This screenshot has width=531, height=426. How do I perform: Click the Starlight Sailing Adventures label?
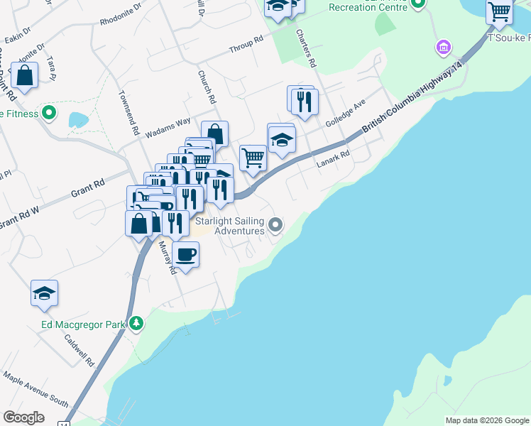pos(229,226)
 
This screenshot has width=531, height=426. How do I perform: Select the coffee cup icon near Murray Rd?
pos(185,254)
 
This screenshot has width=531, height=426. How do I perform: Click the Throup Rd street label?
pos(246,48)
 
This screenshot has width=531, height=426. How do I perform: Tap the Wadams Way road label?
pos(168,129)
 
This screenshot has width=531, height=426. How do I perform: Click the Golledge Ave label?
pos(345,113)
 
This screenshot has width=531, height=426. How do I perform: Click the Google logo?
pos(23,417)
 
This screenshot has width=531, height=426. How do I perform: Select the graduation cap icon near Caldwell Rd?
pos(44,293)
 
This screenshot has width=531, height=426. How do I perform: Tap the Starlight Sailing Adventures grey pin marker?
pos(277,226)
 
